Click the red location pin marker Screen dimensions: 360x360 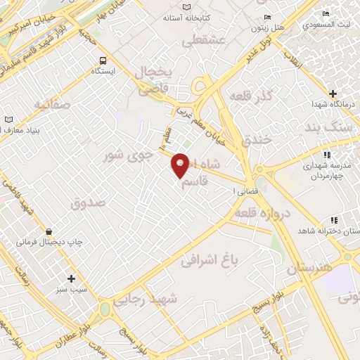[x=181, y=165]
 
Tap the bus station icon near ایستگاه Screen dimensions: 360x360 [x=103, y=60]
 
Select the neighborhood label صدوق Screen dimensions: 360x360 [x=88, y=202]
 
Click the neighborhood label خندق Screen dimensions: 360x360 [x=256, y=139]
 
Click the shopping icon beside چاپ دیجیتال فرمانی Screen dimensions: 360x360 [x=49, y=231]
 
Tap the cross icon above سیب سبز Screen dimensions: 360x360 [x=71, y=278]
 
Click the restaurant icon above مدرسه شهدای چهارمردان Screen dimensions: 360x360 [x=326, y=155]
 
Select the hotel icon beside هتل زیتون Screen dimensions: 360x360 [x=266, y=17]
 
